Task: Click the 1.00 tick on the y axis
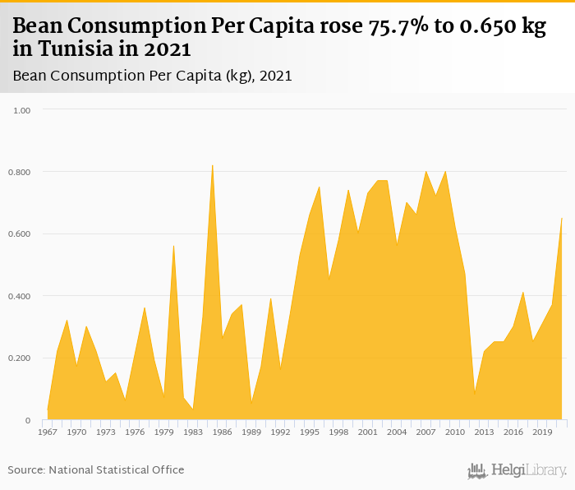pos(21,109)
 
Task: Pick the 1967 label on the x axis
pos(48,432)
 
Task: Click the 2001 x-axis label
pos(368,432)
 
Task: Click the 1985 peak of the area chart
pos(213,164)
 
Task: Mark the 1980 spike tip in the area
pos(173,245)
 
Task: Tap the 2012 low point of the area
pos(475,394)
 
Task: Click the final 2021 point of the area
pos(561,218)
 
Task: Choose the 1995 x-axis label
pos(310,432)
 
